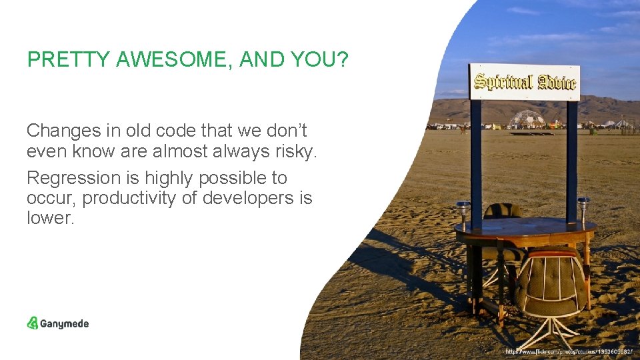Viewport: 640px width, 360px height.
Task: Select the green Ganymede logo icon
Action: tap(33, 323)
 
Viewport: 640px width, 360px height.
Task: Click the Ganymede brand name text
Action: tap(65, 324)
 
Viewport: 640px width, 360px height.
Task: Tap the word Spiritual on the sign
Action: tap(503, 82)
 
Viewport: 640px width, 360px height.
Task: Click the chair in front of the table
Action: tap(551, 287)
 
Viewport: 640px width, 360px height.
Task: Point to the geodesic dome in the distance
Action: tap(527, 119)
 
